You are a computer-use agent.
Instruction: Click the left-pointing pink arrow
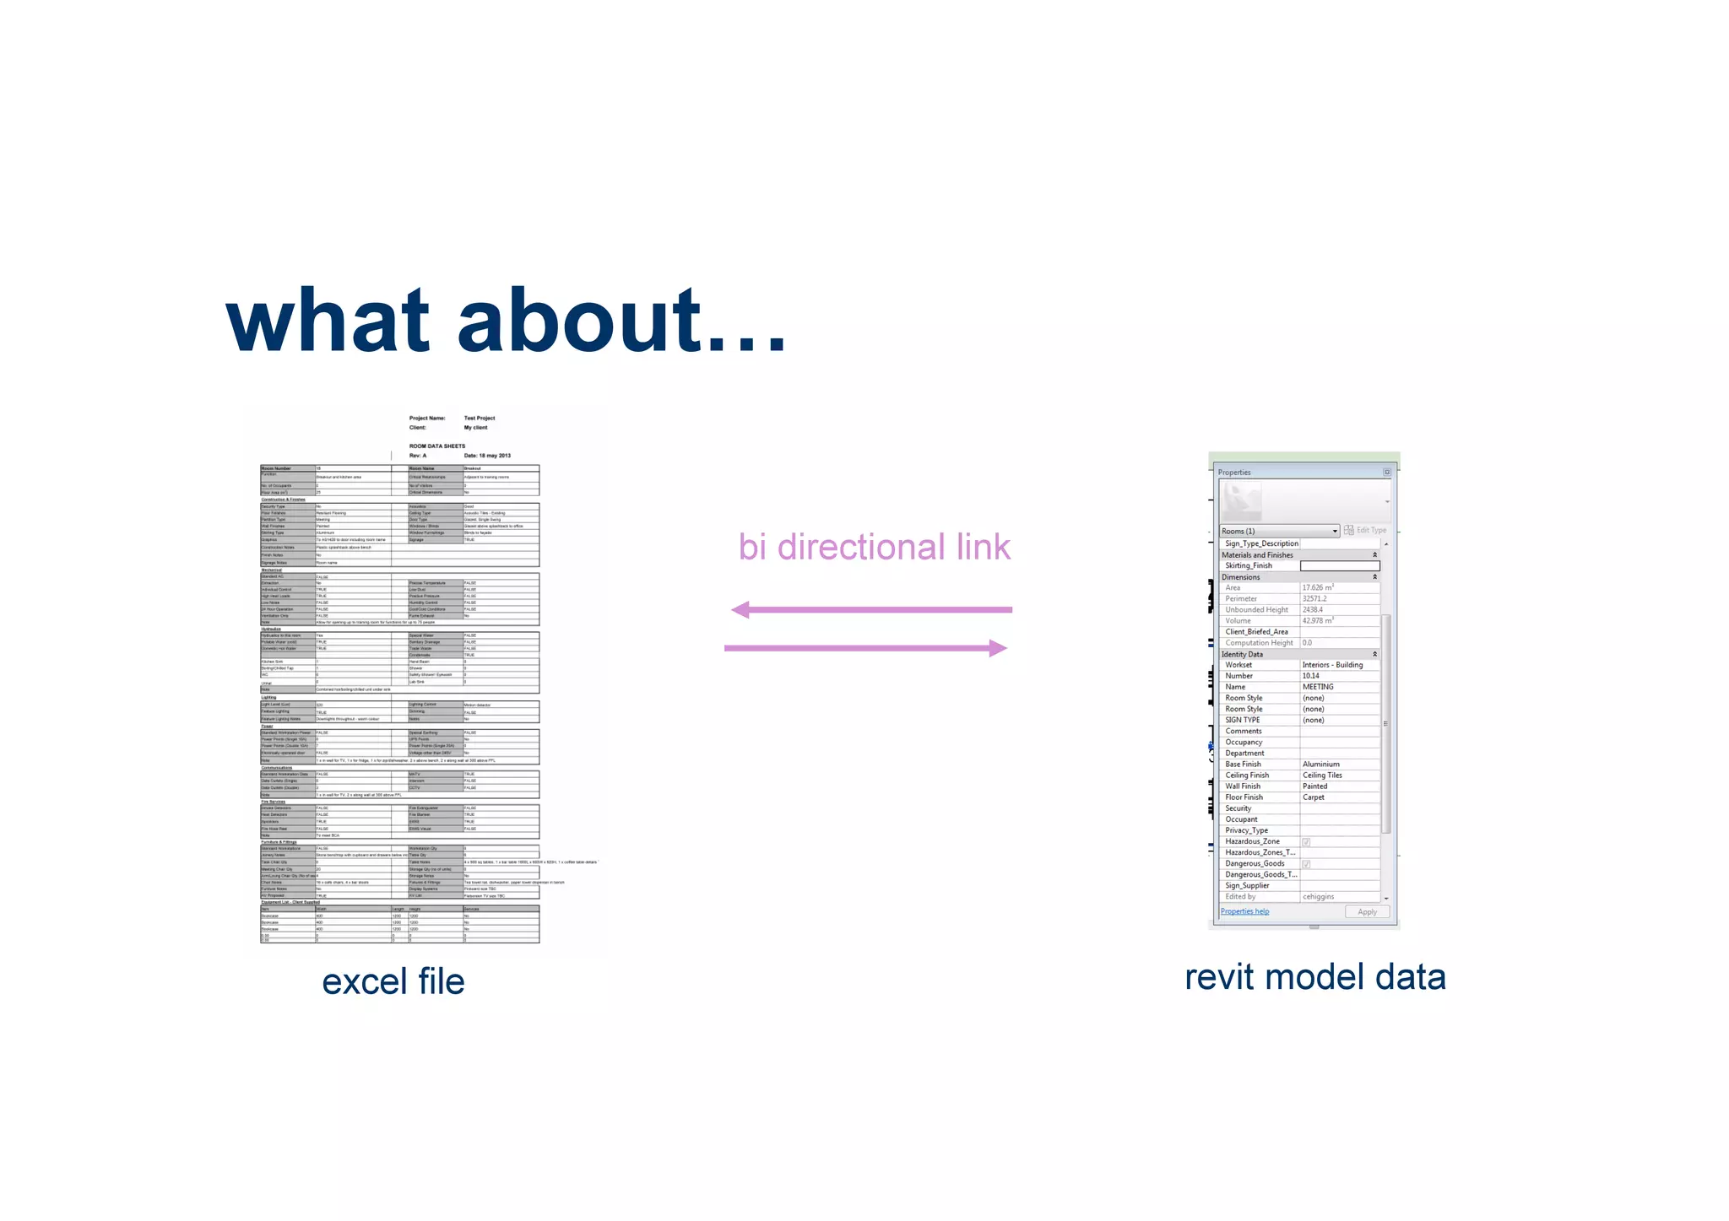point(870,609)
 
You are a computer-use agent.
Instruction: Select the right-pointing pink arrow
point(866,648)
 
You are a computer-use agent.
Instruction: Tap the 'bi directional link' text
point(874,547)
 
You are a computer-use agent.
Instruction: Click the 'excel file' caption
point(393,981)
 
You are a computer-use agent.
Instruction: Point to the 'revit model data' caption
point(1314,977)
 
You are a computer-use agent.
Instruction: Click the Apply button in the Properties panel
point(1367,912)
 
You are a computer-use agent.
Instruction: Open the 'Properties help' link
point(1244,911)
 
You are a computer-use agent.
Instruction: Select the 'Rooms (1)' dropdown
point(1279,531)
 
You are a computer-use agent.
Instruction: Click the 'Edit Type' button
point(1365,530)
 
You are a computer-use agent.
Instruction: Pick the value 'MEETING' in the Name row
point(1318,687)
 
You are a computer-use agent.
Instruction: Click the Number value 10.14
point(1311,676)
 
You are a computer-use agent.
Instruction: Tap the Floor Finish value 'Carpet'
point(1314,797)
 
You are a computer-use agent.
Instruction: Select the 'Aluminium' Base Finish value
point(1321,764)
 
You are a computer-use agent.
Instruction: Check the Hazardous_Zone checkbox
point(1306,842)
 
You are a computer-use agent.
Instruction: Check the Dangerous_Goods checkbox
point(1306,864)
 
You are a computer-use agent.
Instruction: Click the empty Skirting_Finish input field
point(1339,566)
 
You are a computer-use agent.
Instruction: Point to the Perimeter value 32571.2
point(1314,599)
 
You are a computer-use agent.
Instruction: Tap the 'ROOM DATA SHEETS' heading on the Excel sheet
point(437,446)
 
